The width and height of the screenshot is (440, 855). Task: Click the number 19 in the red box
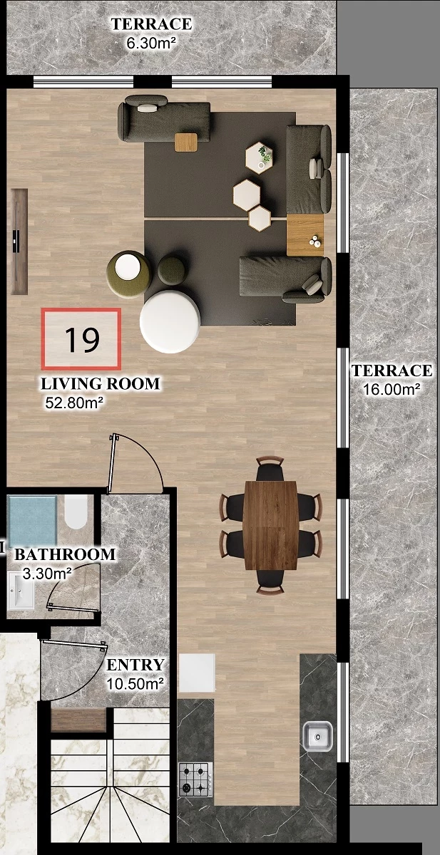(82, 339)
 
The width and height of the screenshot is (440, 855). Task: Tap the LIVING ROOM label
(101, 383)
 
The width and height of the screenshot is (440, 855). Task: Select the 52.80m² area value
(74, 403)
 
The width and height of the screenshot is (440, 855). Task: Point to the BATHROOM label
(65, 554)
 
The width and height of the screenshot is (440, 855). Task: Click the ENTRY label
(135, 665)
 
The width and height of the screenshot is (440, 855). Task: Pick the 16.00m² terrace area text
(392, 390)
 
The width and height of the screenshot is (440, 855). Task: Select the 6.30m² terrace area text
(151, 43)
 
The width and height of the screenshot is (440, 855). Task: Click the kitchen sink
(318, 735)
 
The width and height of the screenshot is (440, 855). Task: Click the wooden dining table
(271, 525)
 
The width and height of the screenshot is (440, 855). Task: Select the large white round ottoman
(170, 321)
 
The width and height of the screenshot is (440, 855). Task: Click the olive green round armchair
(129, 274)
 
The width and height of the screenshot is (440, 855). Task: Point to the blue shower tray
(33, 520)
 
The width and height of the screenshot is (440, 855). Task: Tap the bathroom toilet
(76, 512)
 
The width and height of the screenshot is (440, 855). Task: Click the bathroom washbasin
(21, 591)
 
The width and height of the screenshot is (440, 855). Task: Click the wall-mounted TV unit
(19, 242)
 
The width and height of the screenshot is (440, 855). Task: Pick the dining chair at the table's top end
(270, 469)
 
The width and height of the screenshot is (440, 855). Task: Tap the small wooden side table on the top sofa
(186, 142)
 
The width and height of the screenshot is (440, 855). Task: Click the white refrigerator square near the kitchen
(197, 673)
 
